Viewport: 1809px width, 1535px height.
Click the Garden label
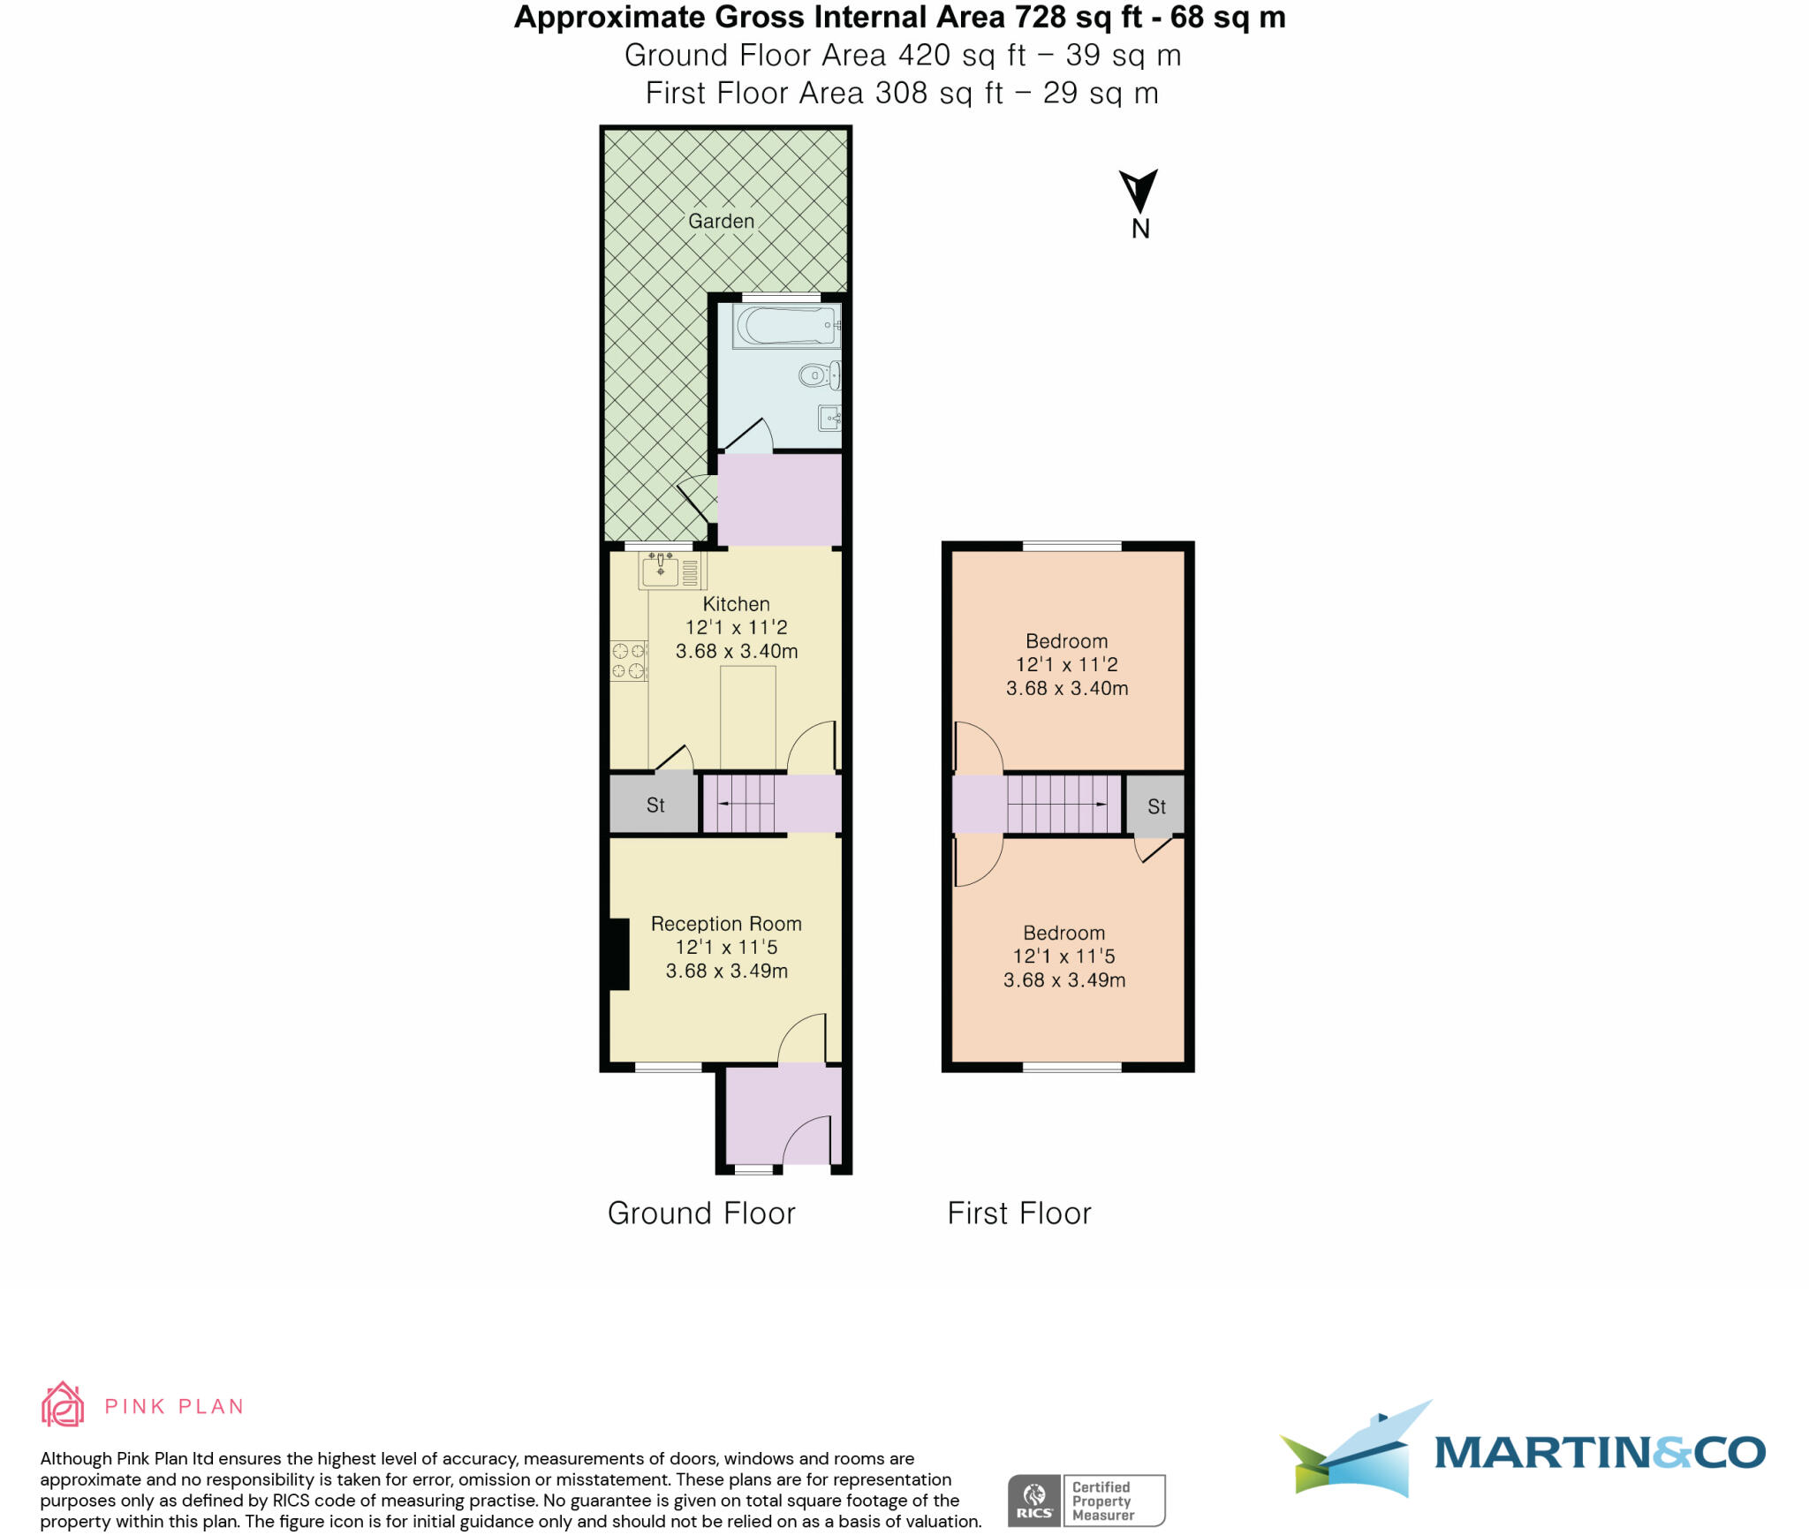pos(721,221)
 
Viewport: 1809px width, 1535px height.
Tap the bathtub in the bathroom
pos(783,326)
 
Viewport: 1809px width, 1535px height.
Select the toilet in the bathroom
pos(819,375)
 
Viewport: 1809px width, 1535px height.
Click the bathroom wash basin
pos(829,417)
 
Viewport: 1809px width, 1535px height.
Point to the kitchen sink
pos(662,570)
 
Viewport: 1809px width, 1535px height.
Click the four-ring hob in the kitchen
pos(628,661)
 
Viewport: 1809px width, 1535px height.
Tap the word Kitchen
pos(736,604)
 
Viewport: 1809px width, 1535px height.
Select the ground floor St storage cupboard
pos(655,805)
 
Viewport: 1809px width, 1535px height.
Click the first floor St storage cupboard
pos(1155,806)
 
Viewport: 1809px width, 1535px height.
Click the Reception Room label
pos(726,924)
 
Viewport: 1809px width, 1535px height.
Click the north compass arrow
pos(1138,191)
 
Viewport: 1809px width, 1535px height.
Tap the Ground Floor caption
pos(701,1214)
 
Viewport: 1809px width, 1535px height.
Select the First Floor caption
pos(1019,1214)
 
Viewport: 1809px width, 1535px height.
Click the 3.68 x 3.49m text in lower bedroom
pos(1063,979)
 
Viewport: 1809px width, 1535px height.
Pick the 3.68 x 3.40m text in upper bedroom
pos(1066,688)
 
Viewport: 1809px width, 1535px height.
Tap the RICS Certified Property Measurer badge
pos(1086,1501)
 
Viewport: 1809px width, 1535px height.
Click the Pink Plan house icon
pos(63,1405)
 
